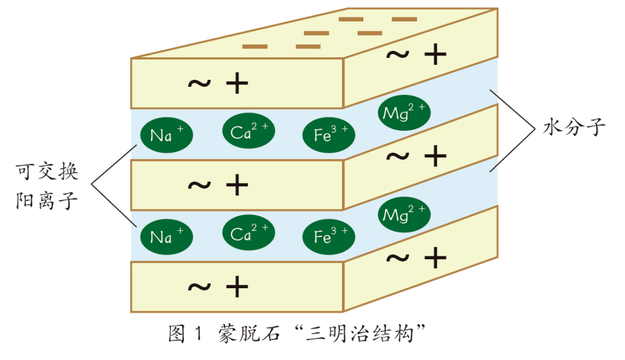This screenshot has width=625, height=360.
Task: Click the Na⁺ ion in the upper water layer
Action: (x=166, y=135)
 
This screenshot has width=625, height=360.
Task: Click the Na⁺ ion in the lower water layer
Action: (x=166, y=237)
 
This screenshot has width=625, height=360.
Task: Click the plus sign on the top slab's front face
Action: (x=237, y=85)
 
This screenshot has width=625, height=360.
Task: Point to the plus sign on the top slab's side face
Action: (x=435, y=55)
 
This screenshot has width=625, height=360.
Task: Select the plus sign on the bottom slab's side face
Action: (x=435, y=258)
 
